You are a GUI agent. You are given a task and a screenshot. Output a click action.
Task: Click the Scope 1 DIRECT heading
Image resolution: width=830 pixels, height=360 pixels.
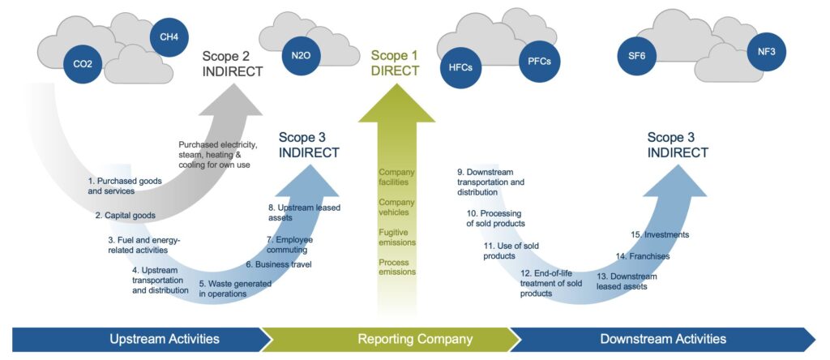coord(395,63)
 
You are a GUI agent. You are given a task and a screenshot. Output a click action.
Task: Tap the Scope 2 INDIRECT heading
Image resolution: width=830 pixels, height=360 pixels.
coord(233,63)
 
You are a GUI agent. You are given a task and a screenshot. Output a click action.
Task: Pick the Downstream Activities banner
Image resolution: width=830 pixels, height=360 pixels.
coord(663,339)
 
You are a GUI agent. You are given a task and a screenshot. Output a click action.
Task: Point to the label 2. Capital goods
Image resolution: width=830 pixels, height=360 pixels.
coord(125,216)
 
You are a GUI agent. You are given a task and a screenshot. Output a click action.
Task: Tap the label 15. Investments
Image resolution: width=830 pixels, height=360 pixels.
coord(660,235)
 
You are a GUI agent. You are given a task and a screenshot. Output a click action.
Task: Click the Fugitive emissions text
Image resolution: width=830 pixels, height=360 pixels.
coord(396,237)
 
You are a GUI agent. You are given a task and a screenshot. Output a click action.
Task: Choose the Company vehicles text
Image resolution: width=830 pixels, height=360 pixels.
coord(396,207)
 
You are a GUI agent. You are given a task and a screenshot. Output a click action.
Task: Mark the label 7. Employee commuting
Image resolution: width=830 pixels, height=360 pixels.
coord(291,244)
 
